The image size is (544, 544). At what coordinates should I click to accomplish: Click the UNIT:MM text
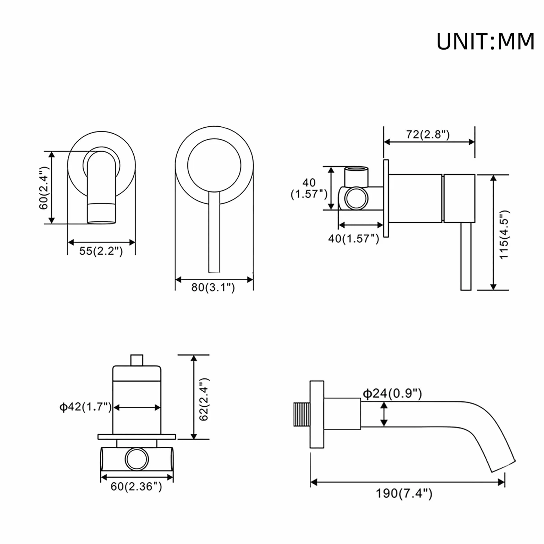pyautogui.click(x=485, y=41)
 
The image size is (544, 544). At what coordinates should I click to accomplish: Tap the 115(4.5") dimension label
pyautogui.click(x=503, y=235)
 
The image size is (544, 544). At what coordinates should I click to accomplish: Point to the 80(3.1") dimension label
pyautogui.click(x=213, y=287)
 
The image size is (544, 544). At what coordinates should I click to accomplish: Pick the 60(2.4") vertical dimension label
pyautogui.click(x=44, y=188)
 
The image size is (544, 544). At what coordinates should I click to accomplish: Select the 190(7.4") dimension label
pyautogui.click(x=404, y=493)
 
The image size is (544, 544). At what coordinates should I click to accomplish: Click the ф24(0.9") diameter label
pyautogui.click(x=392, y=393)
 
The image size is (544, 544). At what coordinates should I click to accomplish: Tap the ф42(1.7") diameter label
pyautogui.click(x=85, y=407)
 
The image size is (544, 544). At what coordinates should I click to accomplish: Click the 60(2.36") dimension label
pyautogui.click(x=136, y=486)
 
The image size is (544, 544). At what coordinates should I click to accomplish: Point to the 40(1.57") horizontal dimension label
pyautogui.click(x=354, y=238)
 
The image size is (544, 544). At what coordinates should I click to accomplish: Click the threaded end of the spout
pyautogui.click(x=302, y=414)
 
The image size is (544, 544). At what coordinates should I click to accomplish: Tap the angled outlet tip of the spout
pyautogui.click(x=503, y=466)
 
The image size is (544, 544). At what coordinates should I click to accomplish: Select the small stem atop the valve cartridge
pyautogui.click(x=137, y=360)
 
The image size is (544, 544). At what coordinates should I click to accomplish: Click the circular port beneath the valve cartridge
pyautogui.click(x=137, y=459)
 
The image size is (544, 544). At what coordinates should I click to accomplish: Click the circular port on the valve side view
pyautogui.click(x=356, y=198)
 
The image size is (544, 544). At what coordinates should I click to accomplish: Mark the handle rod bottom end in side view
pyautogui.click(x=466, y=290)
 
